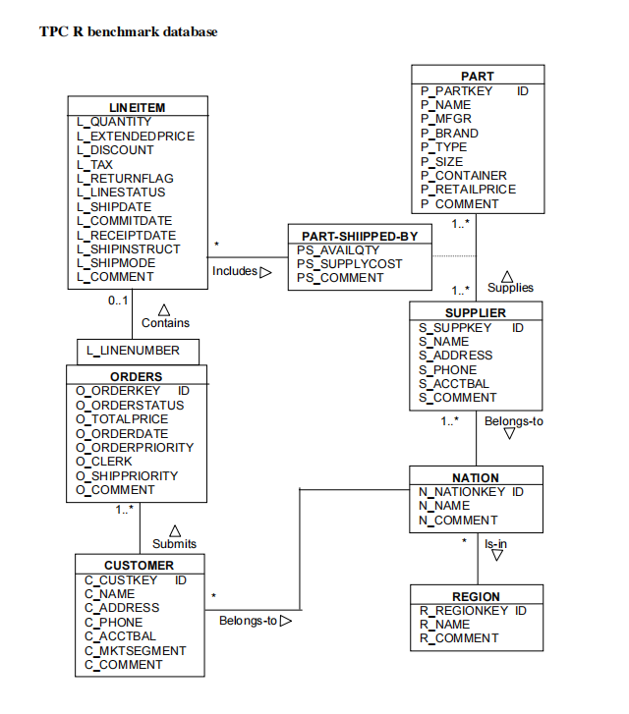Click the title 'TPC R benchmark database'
pyautogui.click(x=128, y=32)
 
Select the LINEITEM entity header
pyautogui.click(x=138, y=107)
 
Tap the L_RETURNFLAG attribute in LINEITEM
pyautogui.click(x=125, y=179)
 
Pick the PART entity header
pyautogui.click(x=478, y=77)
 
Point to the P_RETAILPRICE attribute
pyautogui.click(x=468, y=190)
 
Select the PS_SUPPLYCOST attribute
pyautogui.click(x=349, y=264)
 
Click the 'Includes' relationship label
pyautogui.click(x=235, y=271)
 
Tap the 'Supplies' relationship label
pyautogui.click(x=510, y=288)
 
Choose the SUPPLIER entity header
pyautogui.click(x=477, y=313)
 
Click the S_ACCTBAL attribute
pyautogui.click(x=454, y=384)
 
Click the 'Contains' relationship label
pyautogui.click(x=165, y=322)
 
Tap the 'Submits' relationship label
pyautogui.click(x=174, y=543)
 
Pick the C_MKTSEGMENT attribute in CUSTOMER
pyautogui.click(x=135, y=650)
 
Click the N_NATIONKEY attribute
pyautogui.click(x=462, y=492)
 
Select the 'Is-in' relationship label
pyautogui.click(x=496, y=543)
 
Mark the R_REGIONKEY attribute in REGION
pyautogui.click(x=466, y=611)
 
